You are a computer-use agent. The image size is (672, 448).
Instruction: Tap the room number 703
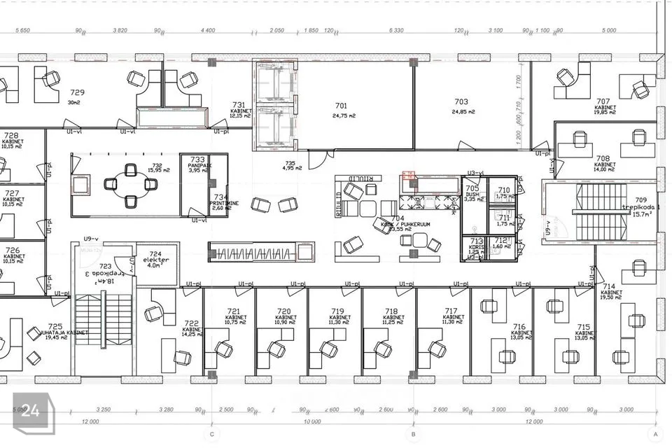click(461, 101)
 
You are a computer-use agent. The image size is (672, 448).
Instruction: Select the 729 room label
click(77, 92)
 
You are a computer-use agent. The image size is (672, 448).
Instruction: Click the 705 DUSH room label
click(472, 192)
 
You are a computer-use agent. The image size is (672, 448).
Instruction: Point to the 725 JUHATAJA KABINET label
click(55, 330)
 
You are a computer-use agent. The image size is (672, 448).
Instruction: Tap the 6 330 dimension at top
click(395, 30)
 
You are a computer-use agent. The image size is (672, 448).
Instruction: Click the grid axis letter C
click(211, 434)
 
